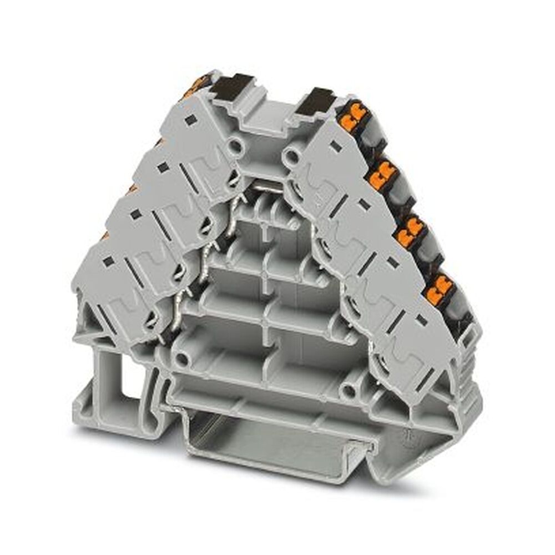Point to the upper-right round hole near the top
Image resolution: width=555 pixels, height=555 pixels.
click(x=290, y=152)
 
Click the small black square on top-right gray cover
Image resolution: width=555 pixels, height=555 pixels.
click(x=334, y=146)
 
